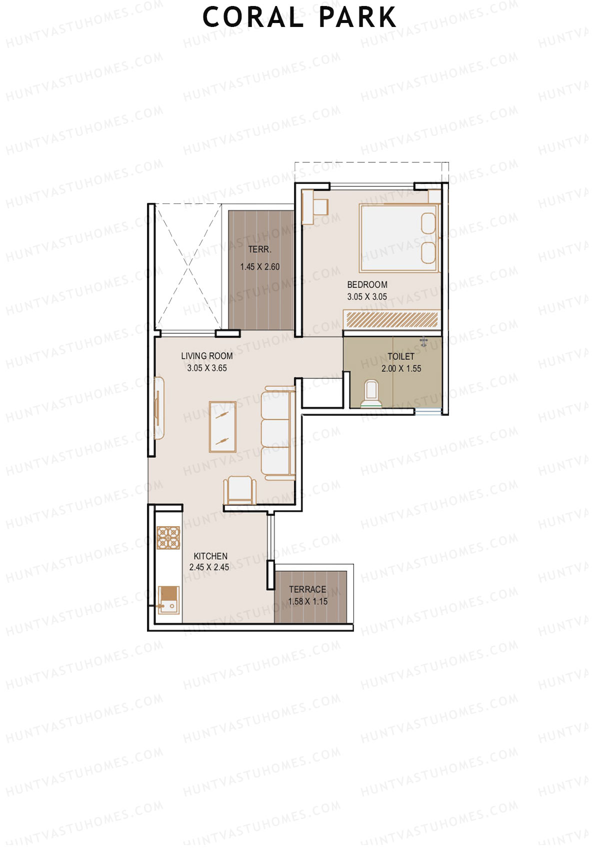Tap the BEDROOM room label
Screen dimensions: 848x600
(367, 284)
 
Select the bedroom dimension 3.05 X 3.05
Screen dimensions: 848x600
(367, 297)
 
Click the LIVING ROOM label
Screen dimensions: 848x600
(207, 356)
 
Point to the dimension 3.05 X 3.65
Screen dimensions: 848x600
(207, 368)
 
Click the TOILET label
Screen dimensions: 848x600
(401, 356)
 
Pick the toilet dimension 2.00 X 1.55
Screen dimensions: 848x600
(401, 369)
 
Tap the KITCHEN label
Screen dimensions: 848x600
(210, 556)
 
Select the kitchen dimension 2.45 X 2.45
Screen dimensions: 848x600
(209, 568)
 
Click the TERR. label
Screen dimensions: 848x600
(260, 249)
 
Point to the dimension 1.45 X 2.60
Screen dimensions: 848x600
(260, 267)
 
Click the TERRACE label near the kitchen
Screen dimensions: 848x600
(307, 590)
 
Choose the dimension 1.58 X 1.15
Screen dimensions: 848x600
(307, 602)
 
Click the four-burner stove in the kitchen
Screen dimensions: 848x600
(168, 538)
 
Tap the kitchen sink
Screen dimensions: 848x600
(168, 600)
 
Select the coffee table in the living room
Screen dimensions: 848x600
(222, 427)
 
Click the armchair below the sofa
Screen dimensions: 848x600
(240, 490)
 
